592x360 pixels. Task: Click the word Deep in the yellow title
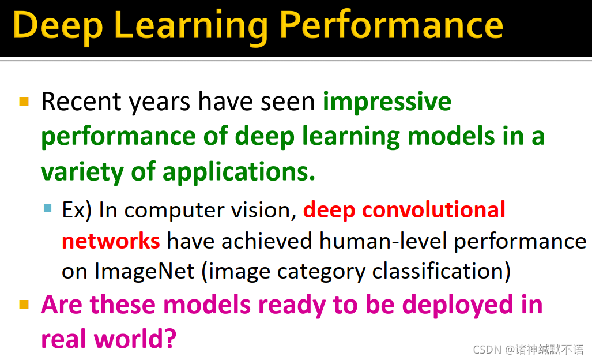[x=58, y=27]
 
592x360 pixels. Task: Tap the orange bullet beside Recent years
[x=24, y=102]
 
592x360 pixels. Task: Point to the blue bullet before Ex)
[x=48, y=208]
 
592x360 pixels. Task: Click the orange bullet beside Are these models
[x=24, y=305]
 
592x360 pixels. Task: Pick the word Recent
[x=81, y=102]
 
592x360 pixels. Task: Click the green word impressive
[x=387, y=102]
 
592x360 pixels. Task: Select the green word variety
[x=82, y=172]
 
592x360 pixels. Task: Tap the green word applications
[x=239, y=172]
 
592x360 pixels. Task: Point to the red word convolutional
[x=433, y=209]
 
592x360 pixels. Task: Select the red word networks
[x=111, y=241]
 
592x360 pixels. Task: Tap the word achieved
[x=266, y=241]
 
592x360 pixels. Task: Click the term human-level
[x=383, y=241]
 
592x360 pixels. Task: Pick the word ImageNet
[x=145, y=271]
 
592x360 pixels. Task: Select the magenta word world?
[x=135, y=339]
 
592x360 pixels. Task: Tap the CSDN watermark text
[x=528, y=350]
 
